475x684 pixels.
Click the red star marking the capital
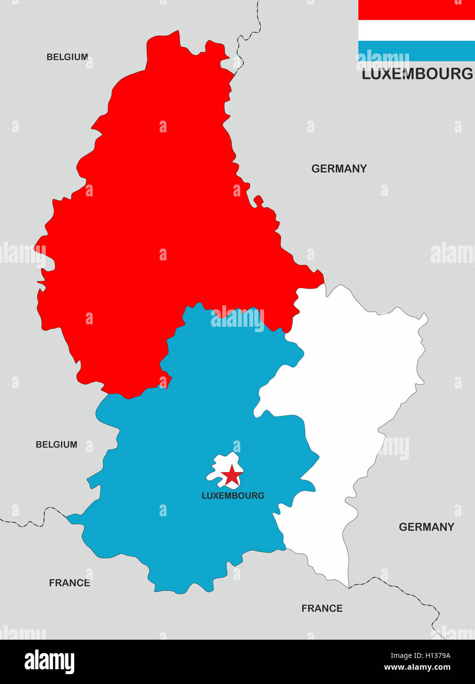pyautogui.click(x=232, y=476)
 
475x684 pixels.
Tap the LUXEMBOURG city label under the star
pyautogui.click(x=233, y=496)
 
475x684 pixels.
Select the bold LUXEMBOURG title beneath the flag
pyautogui.click(x=417, y=74)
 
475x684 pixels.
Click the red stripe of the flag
pyautogui.click(x=416, y=10)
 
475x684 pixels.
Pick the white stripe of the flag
pyautogui.click(x=416, y=30)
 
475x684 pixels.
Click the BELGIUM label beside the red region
pyautogui.click(x=67, y=57)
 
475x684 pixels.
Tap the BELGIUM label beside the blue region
pyautogui.click(x=57, y=444)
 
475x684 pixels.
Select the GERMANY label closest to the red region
pyautogui.click(x=339, y=169)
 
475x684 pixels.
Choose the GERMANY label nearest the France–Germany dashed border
pyautogui.click(x=426, y=527)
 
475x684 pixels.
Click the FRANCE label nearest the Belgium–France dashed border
pyautogui.click(x=69, y=583)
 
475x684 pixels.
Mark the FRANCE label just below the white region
pyautogui.click(x=322, y=609)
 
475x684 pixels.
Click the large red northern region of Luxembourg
pyautogui.click(x=157, y=221)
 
